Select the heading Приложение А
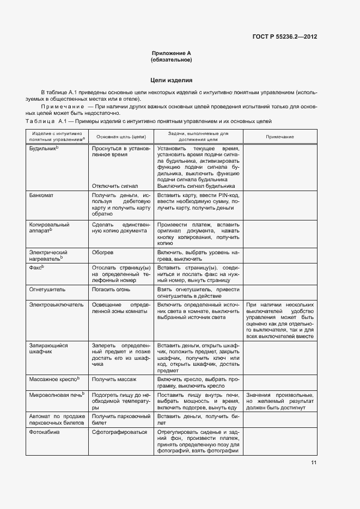[172, 53]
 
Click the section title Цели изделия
[172, 80]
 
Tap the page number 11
[314, 463]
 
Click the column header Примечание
[280, 137]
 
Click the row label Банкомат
[41, 195]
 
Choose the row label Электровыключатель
[56, 305]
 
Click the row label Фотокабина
[45, 432]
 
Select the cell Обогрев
[102, 253]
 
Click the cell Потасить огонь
[111, 290]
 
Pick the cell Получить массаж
[114, 379]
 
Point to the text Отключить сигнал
[115, 186]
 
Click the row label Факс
[36, 267]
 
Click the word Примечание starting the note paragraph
[59, 107]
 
